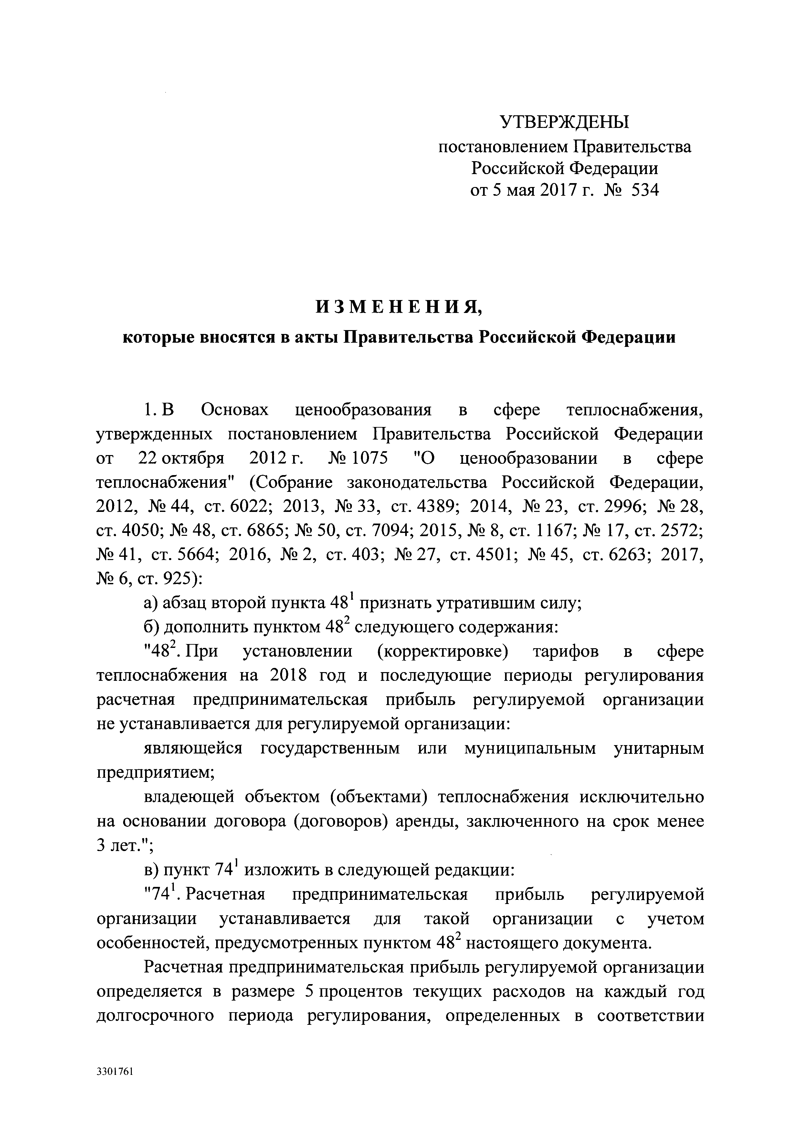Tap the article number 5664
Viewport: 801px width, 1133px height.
[196, 555]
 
